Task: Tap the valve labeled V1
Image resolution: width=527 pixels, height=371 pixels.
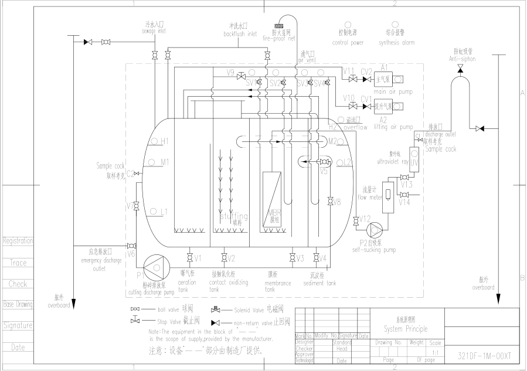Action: pyautogui.click(x=189, y=258)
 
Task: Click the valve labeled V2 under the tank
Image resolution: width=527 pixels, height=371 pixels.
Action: pyautogui.click(x=223, y=258)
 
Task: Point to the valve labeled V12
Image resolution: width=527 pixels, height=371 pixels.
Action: pyautogui.click(x=356, y=222)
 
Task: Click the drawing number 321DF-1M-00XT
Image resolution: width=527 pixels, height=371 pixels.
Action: pyautogui.click(x=484, y=355)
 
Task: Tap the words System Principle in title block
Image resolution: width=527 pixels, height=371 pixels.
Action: pyautogui.click(x=406, y=328)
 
